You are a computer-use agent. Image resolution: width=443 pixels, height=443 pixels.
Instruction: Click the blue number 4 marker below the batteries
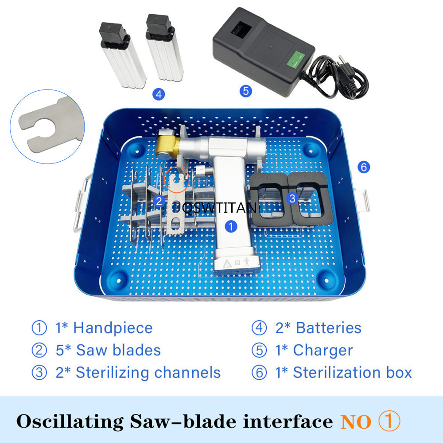(159, 94)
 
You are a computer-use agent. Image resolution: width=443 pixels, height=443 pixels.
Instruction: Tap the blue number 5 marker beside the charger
(246, 91)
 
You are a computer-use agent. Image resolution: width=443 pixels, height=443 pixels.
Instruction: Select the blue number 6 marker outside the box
(364, 167)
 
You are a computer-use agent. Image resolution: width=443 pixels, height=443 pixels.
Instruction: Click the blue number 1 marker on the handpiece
(231, 226)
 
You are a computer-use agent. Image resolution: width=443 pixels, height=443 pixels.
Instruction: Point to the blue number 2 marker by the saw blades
(159, 201)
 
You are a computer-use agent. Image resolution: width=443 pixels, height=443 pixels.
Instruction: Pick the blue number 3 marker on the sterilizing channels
(292, 198)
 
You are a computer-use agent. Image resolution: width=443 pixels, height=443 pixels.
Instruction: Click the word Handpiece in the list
(113, 328)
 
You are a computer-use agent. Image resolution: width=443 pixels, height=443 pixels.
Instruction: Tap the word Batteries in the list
(329, 328)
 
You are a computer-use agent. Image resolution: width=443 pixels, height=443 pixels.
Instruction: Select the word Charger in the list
(323, 350)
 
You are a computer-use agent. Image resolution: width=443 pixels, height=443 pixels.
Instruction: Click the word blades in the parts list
(137, 350)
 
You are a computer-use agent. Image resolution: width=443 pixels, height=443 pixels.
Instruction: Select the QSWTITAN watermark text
(220, 208)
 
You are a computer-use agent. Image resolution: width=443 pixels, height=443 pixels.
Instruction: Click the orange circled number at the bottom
(389, 421)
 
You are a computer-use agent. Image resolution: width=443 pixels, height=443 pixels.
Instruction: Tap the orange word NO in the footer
(355, 422)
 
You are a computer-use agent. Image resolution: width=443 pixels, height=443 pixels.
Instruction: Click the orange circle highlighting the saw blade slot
(177, 180)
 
